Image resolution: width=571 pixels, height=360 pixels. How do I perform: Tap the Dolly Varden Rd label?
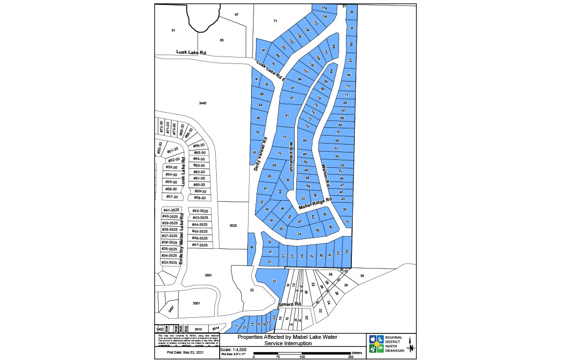[x=260, y=153]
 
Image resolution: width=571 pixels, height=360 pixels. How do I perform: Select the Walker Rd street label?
[x=325, y=174]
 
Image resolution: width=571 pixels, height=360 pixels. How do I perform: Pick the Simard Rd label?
[x=288, y=305]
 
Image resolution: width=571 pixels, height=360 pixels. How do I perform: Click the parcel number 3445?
[x=202, y=103]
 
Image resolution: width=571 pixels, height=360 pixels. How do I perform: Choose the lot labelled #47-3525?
[x=200, y=245]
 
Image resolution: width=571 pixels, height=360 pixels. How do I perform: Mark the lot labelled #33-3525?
[x=170, y=263]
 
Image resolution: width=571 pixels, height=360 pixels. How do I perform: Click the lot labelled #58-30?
[x=200, y=198]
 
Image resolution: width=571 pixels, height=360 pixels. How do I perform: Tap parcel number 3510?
[x=198, y=329]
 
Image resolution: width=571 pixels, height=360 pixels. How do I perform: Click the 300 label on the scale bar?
[x=350, y=357]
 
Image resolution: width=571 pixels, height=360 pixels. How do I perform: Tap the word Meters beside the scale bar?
[x=357, y=353]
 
